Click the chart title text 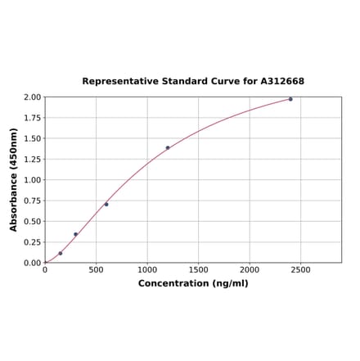193,81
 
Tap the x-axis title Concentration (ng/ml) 193,283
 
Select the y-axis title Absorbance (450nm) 14,179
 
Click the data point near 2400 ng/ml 290,99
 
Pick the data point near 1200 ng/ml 168,148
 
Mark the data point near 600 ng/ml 106,204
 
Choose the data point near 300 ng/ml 76,234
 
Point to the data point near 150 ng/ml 61,254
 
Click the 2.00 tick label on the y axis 31,97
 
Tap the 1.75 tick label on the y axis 31,118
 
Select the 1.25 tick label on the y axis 31,159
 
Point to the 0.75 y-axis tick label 31,201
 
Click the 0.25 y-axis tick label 31,242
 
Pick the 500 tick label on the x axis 96,269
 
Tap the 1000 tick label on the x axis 147,269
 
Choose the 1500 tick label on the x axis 198,269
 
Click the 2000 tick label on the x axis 250,269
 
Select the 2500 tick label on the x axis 300,269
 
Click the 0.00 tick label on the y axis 31,263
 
